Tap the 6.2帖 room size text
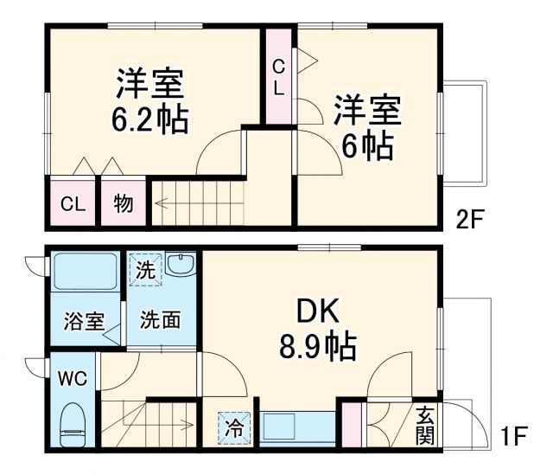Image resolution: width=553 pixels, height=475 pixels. tap(149, 119)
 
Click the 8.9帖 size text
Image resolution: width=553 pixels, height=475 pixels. tap(317, 348)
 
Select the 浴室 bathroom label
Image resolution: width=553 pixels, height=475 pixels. tap(83, 319)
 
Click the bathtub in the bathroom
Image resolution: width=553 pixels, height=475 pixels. tap(84, 273)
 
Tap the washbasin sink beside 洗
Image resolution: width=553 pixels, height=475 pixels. tap(181, 266)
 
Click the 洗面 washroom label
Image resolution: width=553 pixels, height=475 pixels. tap(162, 319)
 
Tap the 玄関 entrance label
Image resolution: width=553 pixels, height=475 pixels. tap(424, 425)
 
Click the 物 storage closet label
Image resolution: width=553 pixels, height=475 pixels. tap(123, 204)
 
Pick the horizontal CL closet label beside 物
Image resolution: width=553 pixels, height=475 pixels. tap(73, 204)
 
